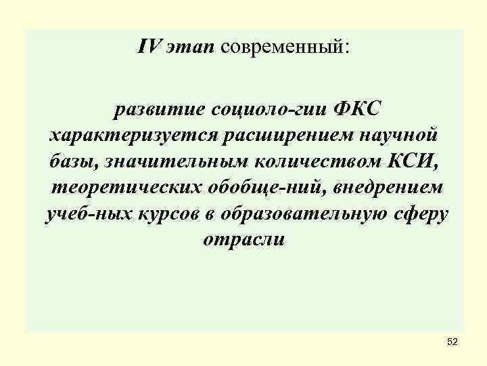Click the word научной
click(405, 135)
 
